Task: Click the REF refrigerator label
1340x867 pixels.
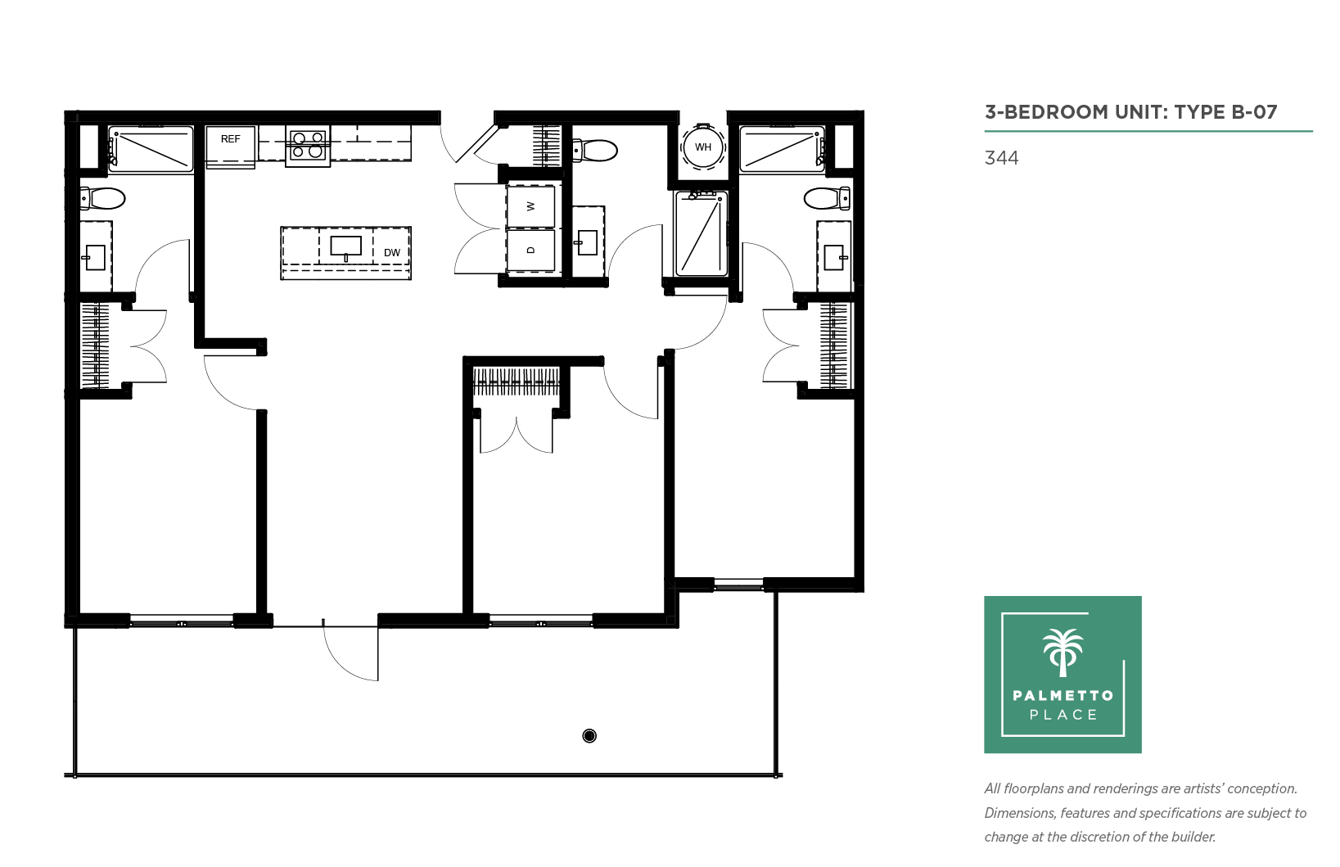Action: (x=230, y=139)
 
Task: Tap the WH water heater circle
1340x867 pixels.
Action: (x=703, y=147)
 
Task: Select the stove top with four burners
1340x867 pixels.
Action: (x=308, y=146)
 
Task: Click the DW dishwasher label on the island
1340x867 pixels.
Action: (x=392, y=252)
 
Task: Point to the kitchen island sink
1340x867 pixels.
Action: (x=345, y=246)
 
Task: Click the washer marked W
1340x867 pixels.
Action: (x=530, y=206)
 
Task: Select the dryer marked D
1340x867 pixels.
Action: (x=530, y=250)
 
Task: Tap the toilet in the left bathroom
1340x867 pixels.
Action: (x=102, y=198)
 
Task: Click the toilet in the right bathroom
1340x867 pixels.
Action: (x=827, y=198)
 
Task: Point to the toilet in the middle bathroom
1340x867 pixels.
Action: (x=594, y=150)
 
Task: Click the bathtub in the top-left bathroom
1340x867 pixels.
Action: (x=151, y=149)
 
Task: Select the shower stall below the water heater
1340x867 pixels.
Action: (x=702, y=234)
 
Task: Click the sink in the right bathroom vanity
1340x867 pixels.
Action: (x=835, y=258)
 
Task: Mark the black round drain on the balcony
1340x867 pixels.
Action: (x=589, y=736)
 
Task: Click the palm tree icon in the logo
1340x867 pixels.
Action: (x=1063, y=653)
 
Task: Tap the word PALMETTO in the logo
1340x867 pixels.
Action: (x=1063, y=695)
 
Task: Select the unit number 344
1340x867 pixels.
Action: (x=1001, y=158)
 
